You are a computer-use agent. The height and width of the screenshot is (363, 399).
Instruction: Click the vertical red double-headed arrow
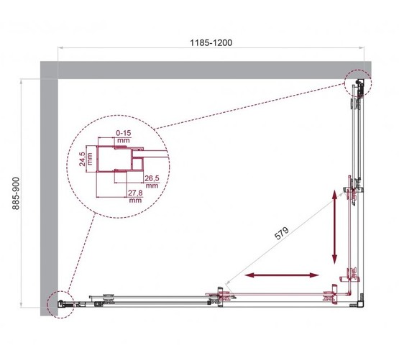pyautogui.click(x=335, y=227)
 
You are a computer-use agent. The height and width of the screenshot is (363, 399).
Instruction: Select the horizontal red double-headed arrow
pyautogui.click(x=281, y=275)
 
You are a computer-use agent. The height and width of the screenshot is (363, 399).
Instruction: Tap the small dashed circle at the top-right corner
pyautogui.click(x=357, y=85)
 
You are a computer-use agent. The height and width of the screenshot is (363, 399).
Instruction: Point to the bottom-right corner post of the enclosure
pyautogui.click(x=354, y=303)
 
